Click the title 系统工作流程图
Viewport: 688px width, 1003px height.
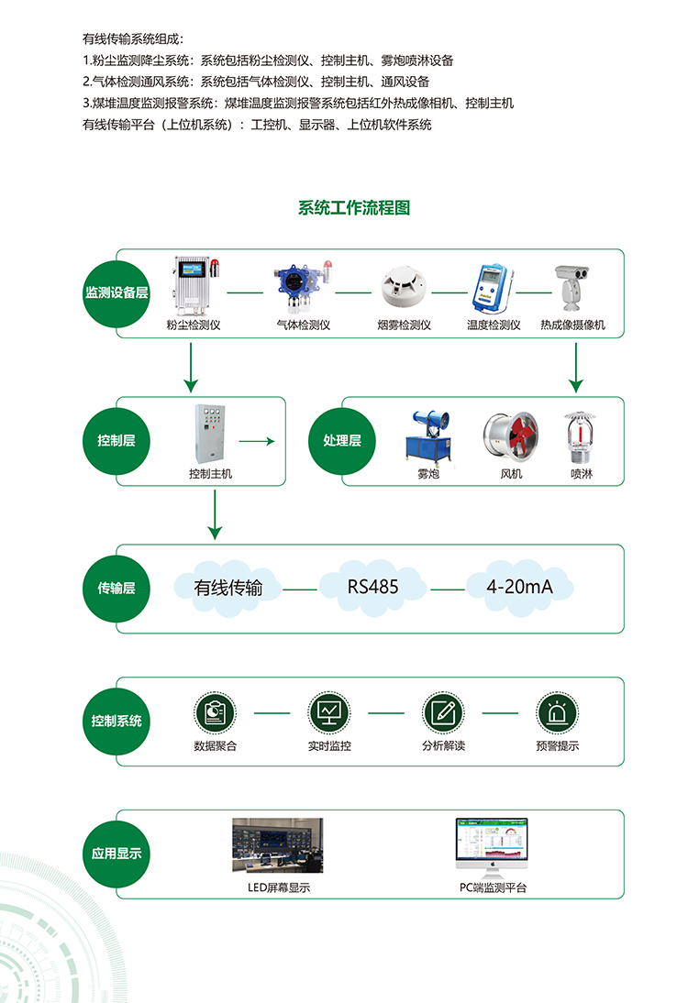[354, 208]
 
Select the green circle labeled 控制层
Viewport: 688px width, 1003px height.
[117, 441]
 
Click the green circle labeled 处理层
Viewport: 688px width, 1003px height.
[342, 441]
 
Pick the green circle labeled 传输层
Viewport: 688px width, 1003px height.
[117, 589]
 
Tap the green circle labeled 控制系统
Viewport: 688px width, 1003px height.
[117, 721]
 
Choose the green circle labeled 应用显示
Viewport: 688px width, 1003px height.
[117, 853]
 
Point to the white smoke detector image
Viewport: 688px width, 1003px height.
[402, 287]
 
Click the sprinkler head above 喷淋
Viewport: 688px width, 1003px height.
[579, 436]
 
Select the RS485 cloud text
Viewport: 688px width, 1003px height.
[372, 586]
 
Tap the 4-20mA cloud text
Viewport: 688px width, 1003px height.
[519, 586]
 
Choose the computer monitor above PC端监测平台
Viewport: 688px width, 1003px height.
[493, 845]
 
